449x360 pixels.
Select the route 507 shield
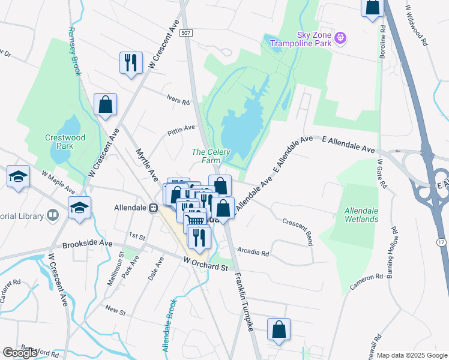[186, 34]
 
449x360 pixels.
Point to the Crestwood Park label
[65, 142]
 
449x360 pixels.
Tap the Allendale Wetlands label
[362, 215]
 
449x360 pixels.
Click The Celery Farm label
[211, 156]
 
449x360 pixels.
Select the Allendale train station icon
[154, 208]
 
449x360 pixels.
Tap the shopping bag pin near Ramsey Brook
[106, 104]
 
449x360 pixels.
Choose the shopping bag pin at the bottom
[279, 329]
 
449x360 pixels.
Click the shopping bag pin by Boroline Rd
[372, 7]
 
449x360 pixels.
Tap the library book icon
[53, 215]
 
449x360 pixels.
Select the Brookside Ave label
[88, 244]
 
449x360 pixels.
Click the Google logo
[20, 353]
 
